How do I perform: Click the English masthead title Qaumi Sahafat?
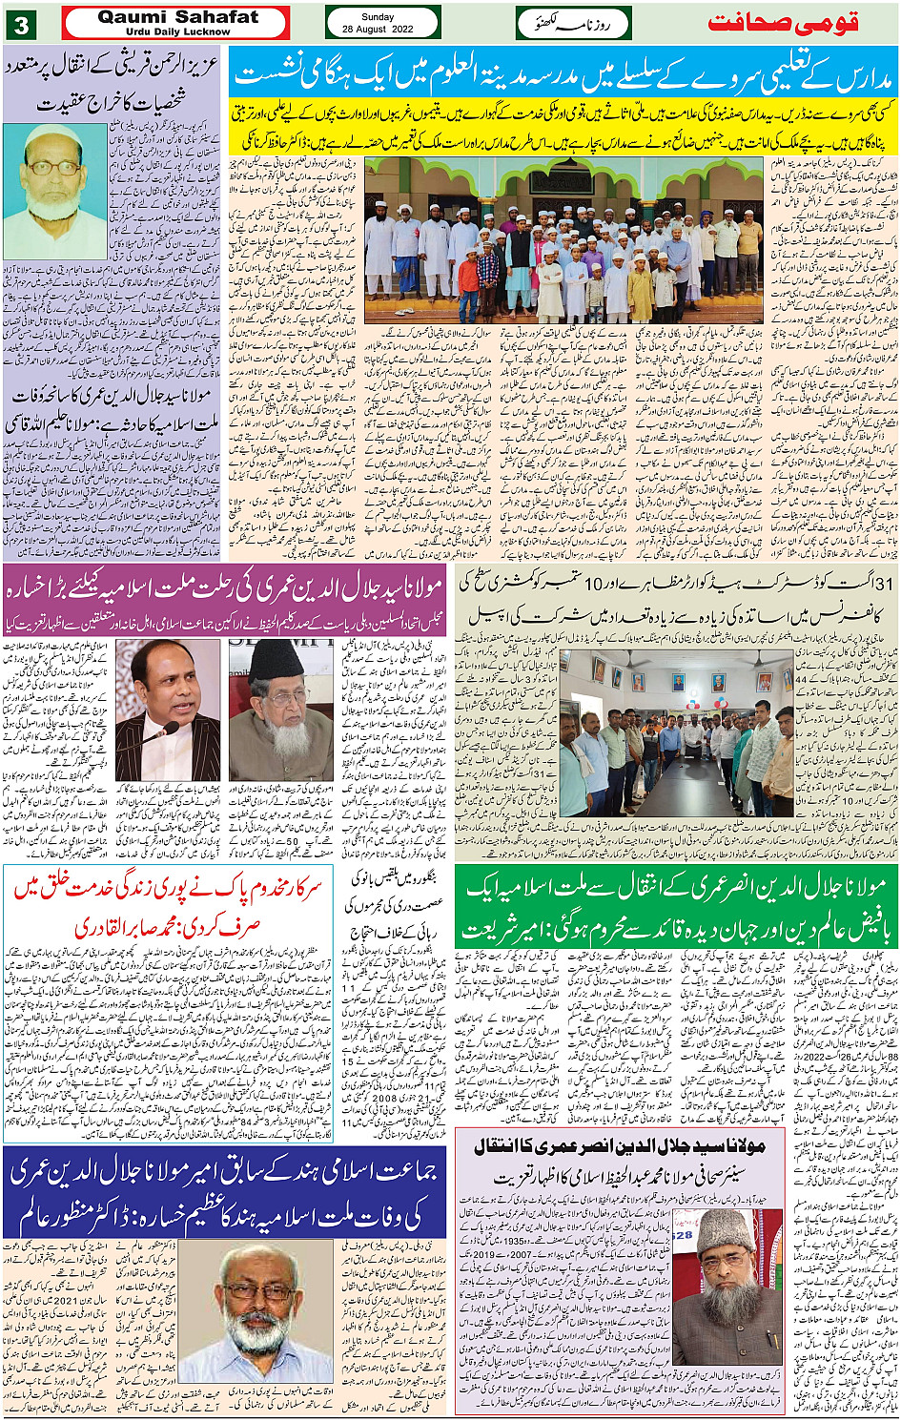178,17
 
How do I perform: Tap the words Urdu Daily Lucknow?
178,31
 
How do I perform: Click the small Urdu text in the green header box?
572,23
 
